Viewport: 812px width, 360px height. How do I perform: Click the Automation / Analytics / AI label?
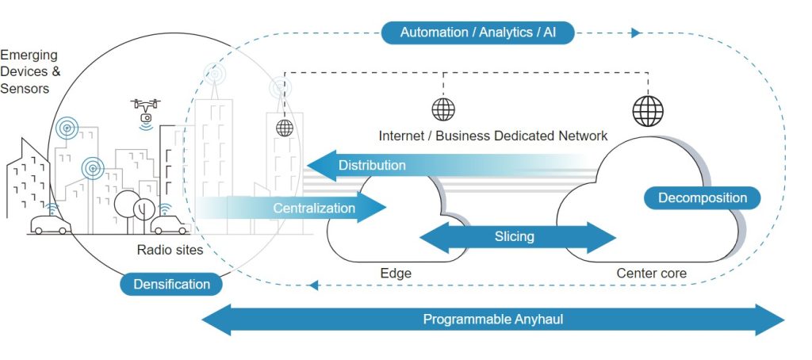[x=477, y=33]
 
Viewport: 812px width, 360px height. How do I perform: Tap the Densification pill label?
[x=171, y=284]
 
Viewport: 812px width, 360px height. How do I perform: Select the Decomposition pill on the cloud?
[x=702, y=198]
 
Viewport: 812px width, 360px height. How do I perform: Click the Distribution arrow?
[x=373, y=166]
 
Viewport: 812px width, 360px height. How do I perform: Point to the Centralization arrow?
[x=317, y=209]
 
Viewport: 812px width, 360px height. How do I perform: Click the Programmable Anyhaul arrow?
[x=492, y=320]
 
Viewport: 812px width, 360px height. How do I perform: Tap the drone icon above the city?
[x=146, y=110]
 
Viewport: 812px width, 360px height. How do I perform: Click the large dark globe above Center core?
[x=647, y=110]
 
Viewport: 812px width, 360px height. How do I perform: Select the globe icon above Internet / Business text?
[x=443, y=109]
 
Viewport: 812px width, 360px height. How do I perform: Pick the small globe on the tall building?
[x=285, y=127]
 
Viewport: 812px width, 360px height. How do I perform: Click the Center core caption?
[x=652, y=274]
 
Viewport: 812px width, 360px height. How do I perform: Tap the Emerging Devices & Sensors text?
[x=30, y=71]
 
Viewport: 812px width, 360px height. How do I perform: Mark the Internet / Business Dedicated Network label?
[x=493, y=136]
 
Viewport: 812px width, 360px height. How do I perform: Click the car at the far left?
[x=50, y=224]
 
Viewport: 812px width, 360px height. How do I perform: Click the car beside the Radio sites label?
[x=169, y=225]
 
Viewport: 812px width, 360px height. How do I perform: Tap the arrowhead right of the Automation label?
[x=635, y=33]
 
